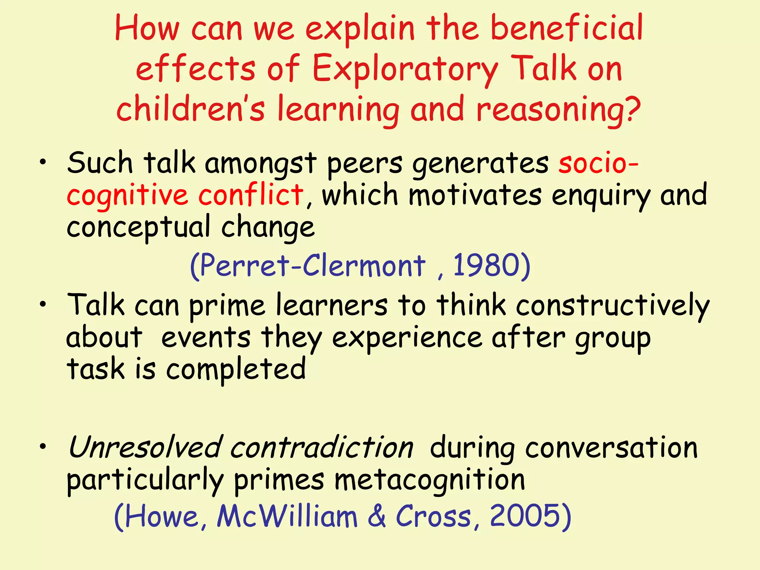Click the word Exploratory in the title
405,69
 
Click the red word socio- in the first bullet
598,163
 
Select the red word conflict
251,195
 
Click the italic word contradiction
321,448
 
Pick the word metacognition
430,480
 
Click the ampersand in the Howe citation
377,516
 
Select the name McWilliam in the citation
287,516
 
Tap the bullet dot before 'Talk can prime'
43,304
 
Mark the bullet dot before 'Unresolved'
43,447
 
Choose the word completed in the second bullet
236,370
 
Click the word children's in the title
191,109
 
